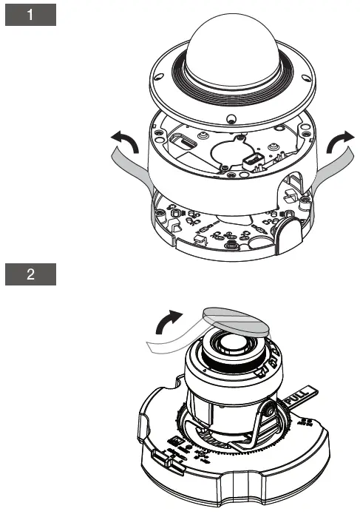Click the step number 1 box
tap(31, 16)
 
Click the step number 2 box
tap(31, 275)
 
